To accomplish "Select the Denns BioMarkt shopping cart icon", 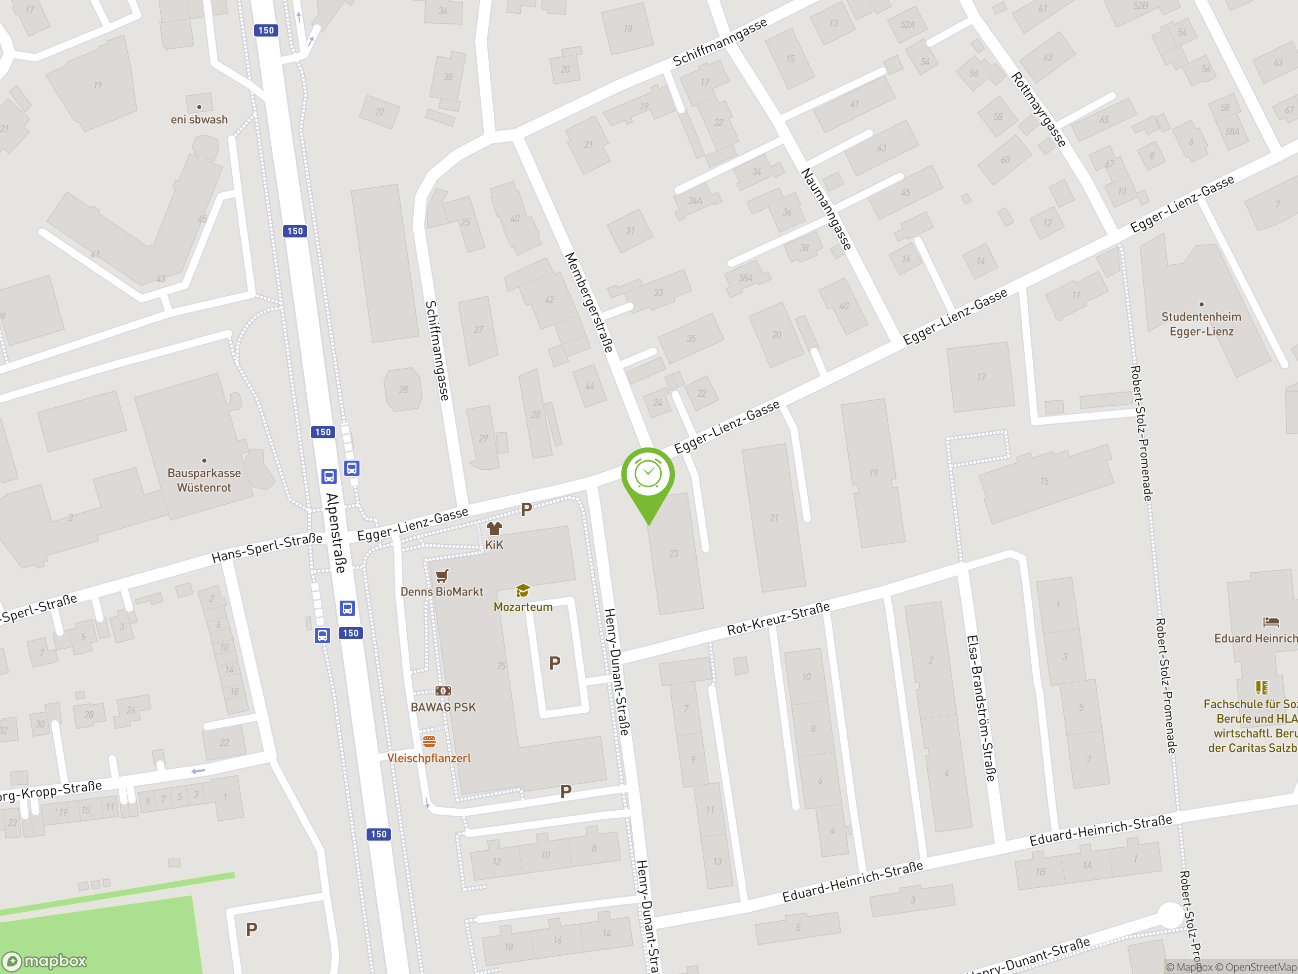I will click(x=442, y=575).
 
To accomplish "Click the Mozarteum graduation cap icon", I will click(x=522, y=590).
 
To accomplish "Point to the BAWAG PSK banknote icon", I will click(x=443, y=691).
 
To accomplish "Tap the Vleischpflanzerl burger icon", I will click(x=429, y=742).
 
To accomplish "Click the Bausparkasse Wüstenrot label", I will click(x=204, y=480).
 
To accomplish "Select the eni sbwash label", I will click(x=199, y=119).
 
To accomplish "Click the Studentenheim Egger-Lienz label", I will click(x=1201, y=324).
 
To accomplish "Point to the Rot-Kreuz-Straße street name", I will click(x=778, y=618).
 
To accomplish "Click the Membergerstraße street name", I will click(x=588, y=302).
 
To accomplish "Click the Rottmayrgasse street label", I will click(x=1038, y=109).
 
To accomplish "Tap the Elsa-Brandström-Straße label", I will click(x=981, y=708).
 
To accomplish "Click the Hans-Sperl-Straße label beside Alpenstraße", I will click(x=267, y=548).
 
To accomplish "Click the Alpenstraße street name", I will click(x=336, y=533).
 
